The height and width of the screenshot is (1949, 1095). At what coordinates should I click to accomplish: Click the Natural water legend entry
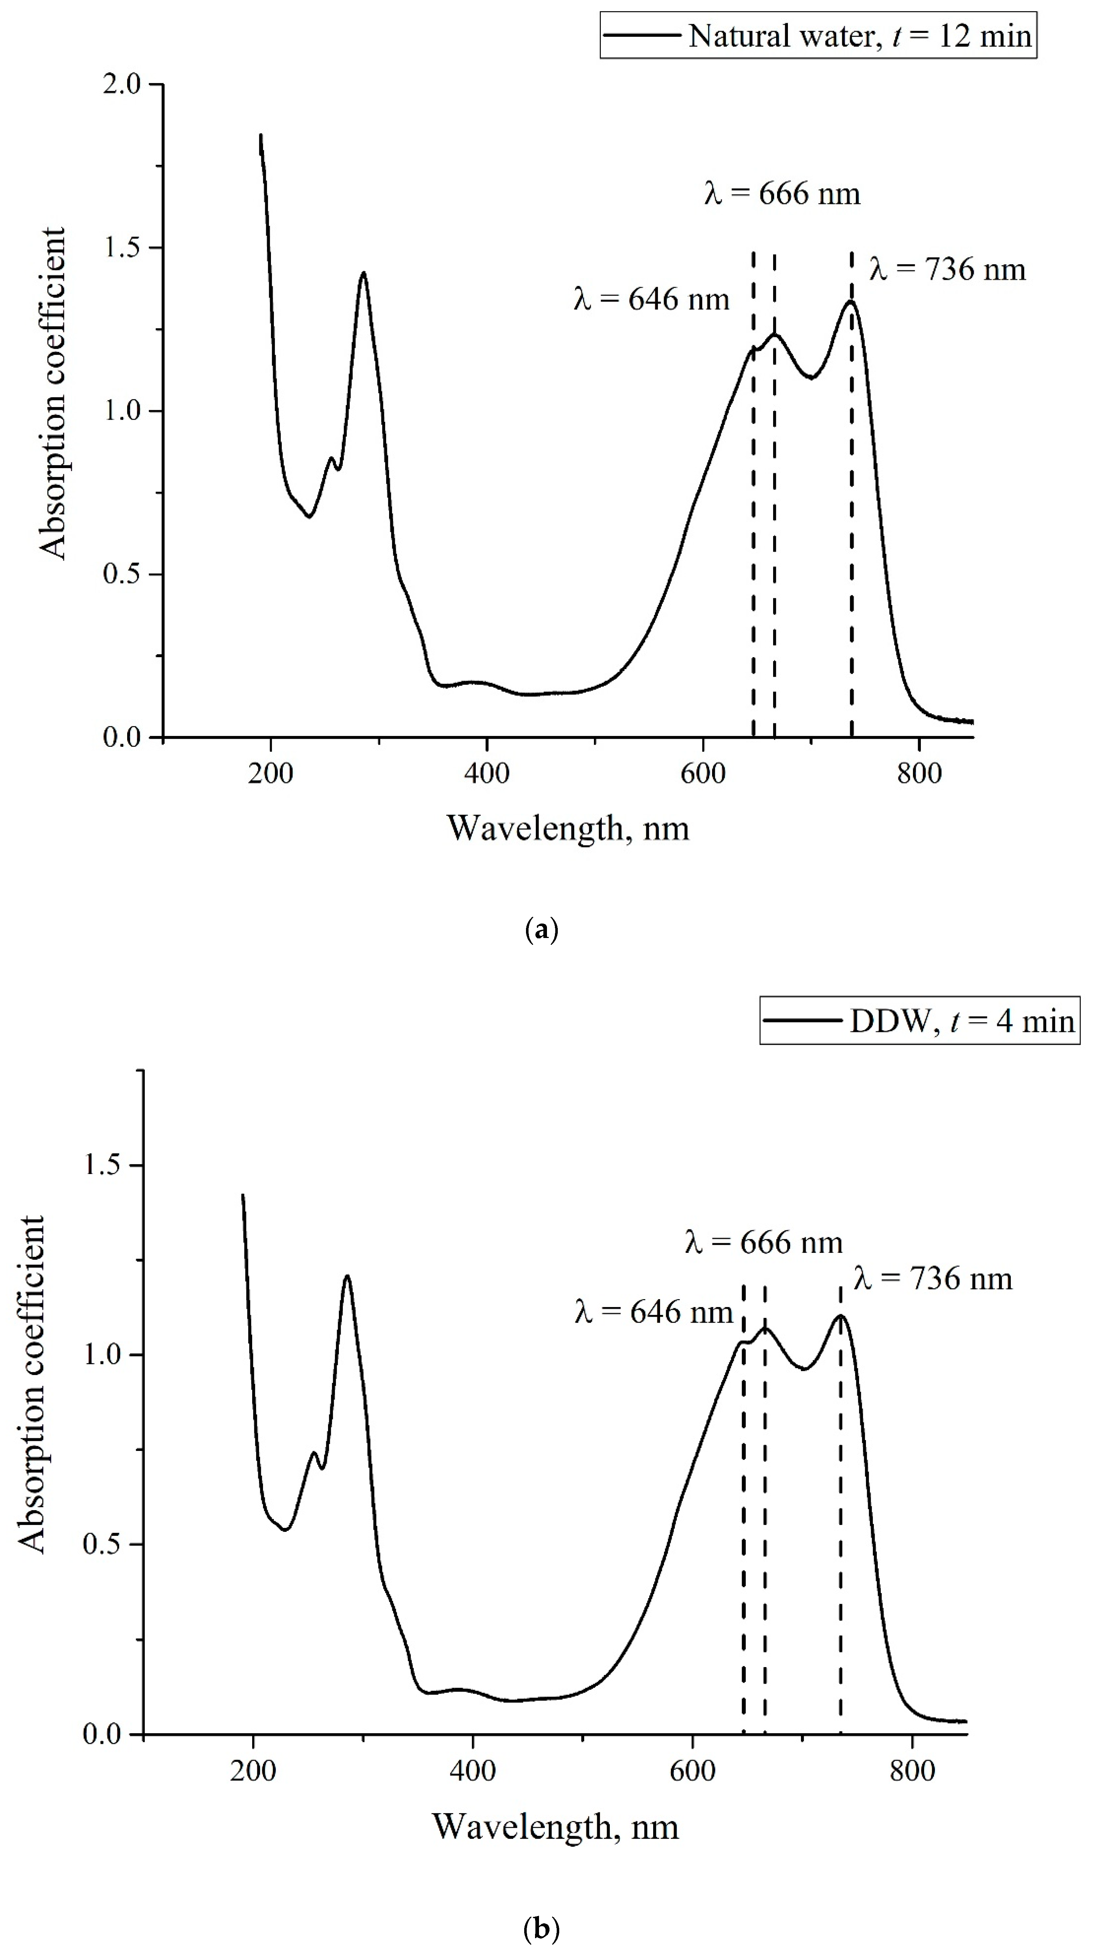click(x=818, y=35)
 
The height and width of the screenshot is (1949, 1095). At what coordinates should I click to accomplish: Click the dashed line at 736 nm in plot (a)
click(x=852, y=530)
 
